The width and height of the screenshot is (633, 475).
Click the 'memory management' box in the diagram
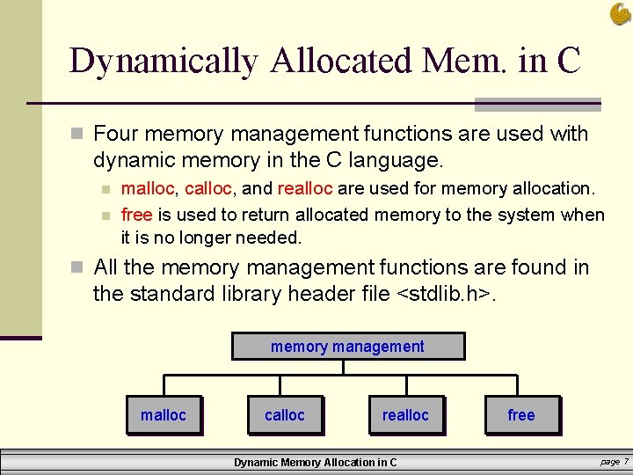click(347, 347)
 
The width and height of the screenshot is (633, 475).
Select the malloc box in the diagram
click(164, 415)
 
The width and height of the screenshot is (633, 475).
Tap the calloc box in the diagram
click(285, 415)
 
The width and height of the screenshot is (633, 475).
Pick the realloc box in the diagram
click(405, 415)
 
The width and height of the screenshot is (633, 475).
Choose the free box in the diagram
click(521, 415)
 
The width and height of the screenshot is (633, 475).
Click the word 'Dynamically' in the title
click(164, 62)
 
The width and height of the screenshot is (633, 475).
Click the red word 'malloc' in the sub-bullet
click(147, 188)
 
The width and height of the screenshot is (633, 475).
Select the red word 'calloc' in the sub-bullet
click(207, 188)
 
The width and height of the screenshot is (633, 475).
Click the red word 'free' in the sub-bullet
click(136, 215)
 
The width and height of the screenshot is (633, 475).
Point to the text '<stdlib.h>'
click(446, 294)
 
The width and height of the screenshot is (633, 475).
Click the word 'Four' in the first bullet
click(115, 135)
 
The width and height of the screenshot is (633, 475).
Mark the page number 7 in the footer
click(625, 462)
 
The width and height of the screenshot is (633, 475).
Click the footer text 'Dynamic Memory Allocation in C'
click(315, 463)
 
